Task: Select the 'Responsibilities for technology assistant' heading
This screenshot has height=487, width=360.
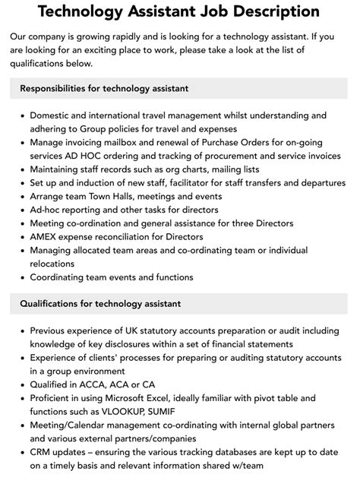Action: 104,89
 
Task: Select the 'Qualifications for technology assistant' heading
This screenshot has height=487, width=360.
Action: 100,304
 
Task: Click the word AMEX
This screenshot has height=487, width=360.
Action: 45,237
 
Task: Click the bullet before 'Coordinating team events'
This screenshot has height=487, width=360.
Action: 20,277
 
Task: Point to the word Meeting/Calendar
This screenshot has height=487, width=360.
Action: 71,425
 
